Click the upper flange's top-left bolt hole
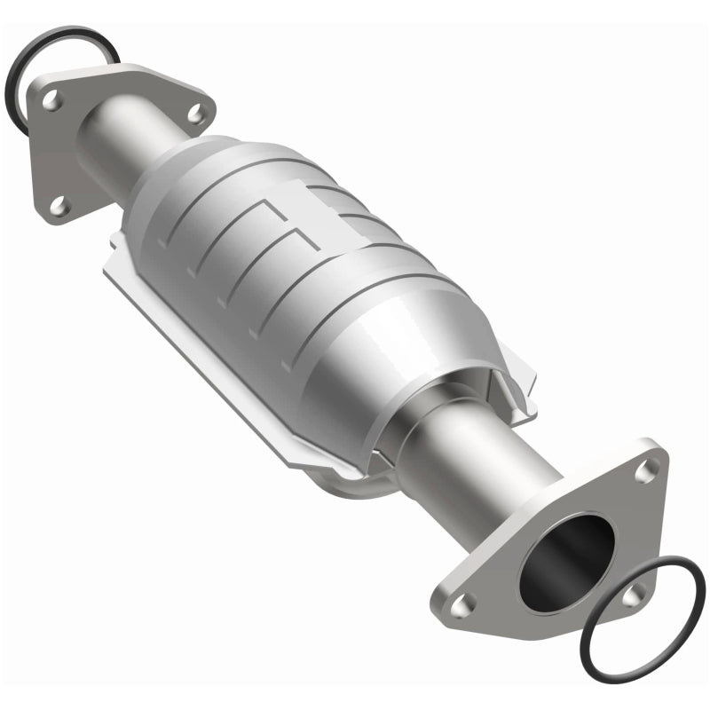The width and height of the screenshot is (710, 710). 52,101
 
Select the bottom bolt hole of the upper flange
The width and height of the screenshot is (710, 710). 59,206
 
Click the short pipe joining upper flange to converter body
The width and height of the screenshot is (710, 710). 124,142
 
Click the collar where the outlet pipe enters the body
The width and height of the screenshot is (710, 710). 417,426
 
